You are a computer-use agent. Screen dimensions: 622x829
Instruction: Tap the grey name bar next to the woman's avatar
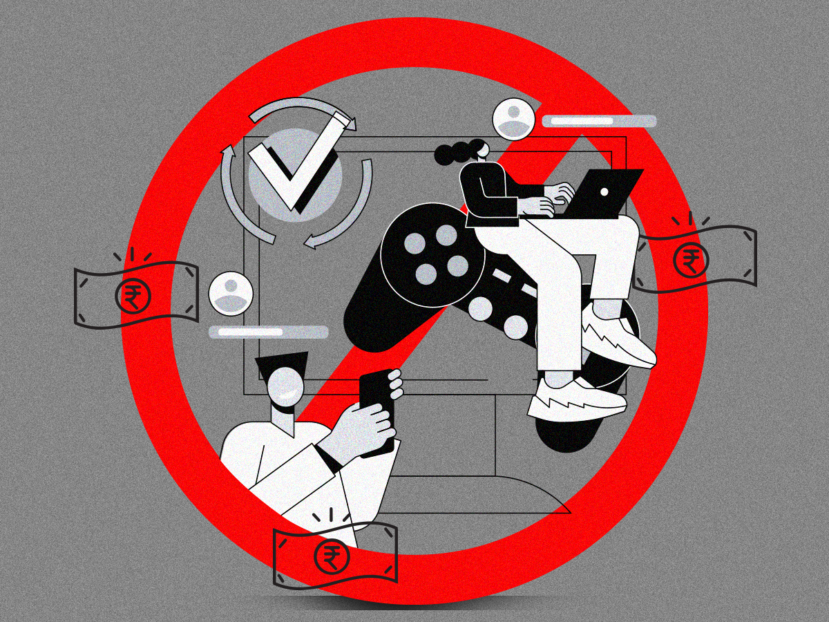tap(598, 121)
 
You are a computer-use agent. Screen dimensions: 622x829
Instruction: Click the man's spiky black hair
tap(280, 362)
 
